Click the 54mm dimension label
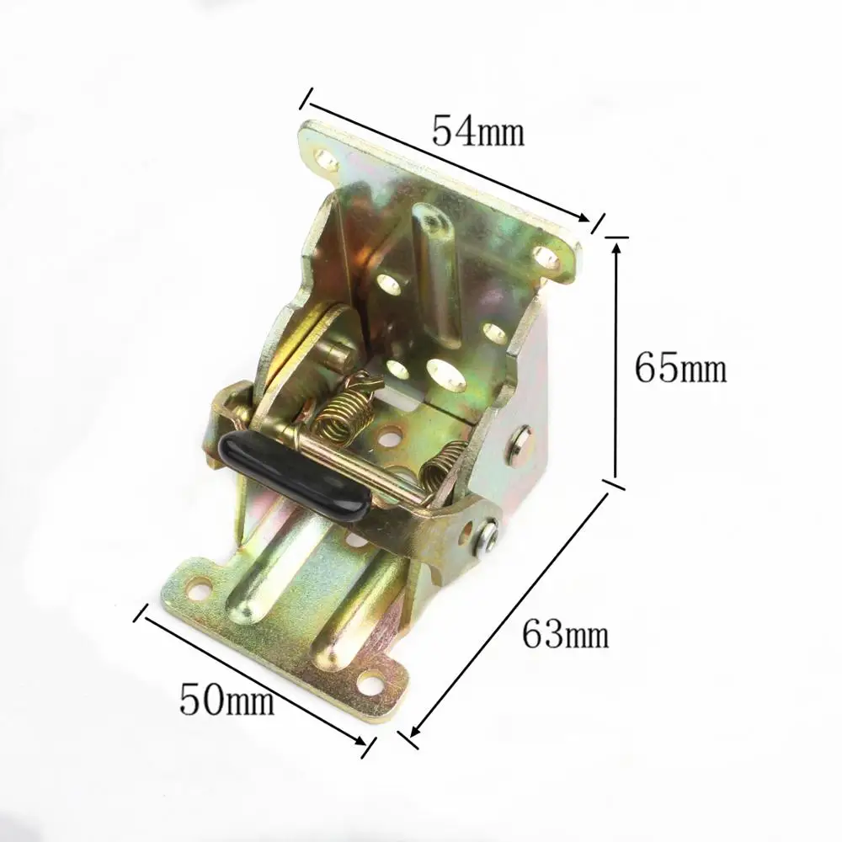click(x=477, y=131)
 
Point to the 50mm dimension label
click(x=226, y=699)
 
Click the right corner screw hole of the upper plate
click(x=546, y=255)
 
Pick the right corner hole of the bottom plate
click(x=369, y=678)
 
